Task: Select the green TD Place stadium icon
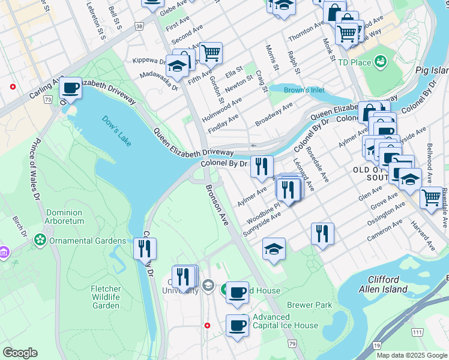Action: [380, 61]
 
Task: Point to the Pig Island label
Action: [432, 70]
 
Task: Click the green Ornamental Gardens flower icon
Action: [40, 241]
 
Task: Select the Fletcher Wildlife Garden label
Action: [106, 297]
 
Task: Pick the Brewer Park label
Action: [310, 305]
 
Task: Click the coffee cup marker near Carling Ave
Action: [71, 88]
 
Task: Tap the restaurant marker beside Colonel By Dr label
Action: [261, 166]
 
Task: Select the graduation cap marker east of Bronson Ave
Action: [274, 248]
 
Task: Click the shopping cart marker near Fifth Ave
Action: [211, 53]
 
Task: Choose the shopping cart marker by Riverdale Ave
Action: [431, 197]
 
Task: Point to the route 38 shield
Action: [139, 26]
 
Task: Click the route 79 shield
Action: [292, 344]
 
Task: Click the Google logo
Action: [20, 353]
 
